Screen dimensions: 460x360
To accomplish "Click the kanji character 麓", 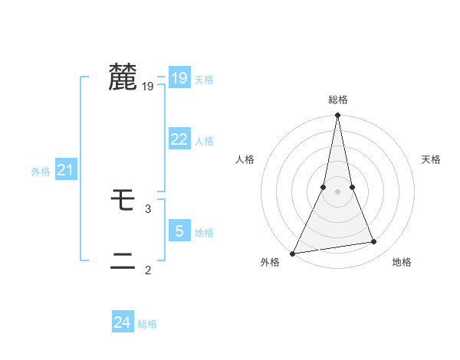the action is click(123, 78).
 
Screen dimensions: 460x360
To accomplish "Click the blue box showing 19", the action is click(179, 78).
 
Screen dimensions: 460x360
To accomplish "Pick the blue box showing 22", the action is click(179, 139).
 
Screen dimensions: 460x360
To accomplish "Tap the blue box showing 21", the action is click(65, 171).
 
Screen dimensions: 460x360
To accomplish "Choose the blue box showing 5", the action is click(179, 231).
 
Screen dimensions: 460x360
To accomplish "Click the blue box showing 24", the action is click(123, 322).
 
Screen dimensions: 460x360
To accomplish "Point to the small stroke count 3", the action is click(148, 208).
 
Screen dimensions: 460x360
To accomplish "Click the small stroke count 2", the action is click(148, 270).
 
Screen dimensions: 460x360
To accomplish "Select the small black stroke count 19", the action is click(148, 87).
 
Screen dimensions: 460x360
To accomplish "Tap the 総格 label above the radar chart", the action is click(337, 100).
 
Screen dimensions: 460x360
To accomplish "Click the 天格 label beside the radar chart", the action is click(431, 159).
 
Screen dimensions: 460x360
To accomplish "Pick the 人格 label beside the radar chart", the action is click(245, 159).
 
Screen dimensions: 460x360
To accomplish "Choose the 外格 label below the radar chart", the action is click(270, 263).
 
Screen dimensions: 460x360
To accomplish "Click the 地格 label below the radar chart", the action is click(402, 263).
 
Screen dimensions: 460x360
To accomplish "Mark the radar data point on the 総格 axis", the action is click(337, 116).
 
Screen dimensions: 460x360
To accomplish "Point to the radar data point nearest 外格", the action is click(293, 253).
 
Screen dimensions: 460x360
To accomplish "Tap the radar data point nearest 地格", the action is click(374, 242).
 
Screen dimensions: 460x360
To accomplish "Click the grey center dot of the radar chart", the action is click(337, 191).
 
